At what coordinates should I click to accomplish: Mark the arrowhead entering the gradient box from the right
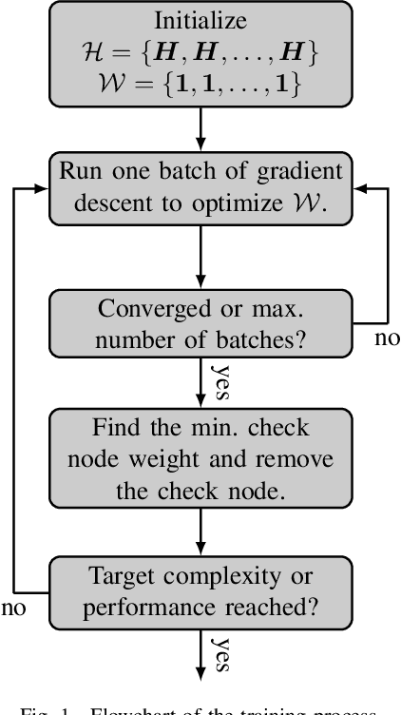[353, 188]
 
